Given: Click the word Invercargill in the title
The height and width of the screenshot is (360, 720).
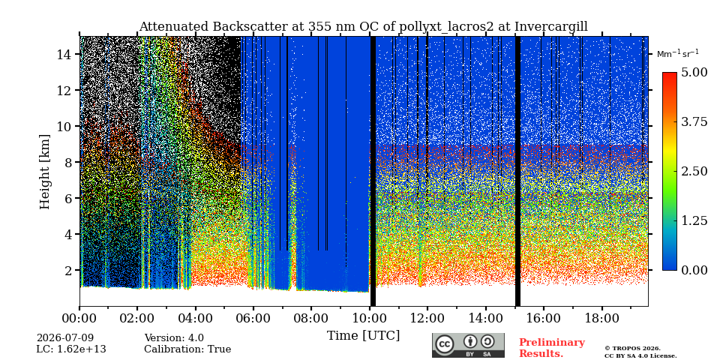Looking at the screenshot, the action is click(551, 27).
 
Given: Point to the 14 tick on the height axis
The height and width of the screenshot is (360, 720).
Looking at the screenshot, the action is click(64, 54).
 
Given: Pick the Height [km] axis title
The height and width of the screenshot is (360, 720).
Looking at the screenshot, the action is click(44, 172).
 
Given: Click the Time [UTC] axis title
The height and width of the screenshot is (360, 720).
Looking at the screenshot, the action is click(363, 336).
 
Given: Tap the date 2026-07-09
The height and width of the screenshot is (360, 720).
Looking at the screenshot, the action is click(65, 338).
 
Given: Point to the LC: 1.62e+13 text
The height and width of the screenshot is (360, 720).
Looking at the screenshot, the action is click(71, 349).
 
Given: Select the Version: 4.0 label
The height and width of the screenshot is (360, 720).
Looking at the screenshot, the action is click(174, 338).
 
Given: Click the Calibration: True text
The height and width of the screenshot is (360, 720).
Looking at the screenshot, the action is click(187, 349).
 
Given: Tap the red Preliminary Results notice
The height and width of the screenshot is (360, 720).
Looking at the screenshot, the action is click(552, 348).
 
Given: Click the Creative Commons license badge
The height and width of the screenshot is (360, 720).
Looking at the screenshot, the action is click(468, 345).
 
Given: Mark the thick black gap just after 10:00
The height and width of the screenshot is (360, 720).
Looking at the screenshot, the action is click(373, 171).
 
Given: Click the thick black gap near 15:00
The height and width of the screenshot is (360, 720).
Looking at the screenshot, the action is click(517, 171).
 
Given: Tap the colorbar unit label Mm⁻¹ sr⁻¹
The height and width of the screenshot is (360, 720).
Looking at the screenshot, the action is click(678, 54).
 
